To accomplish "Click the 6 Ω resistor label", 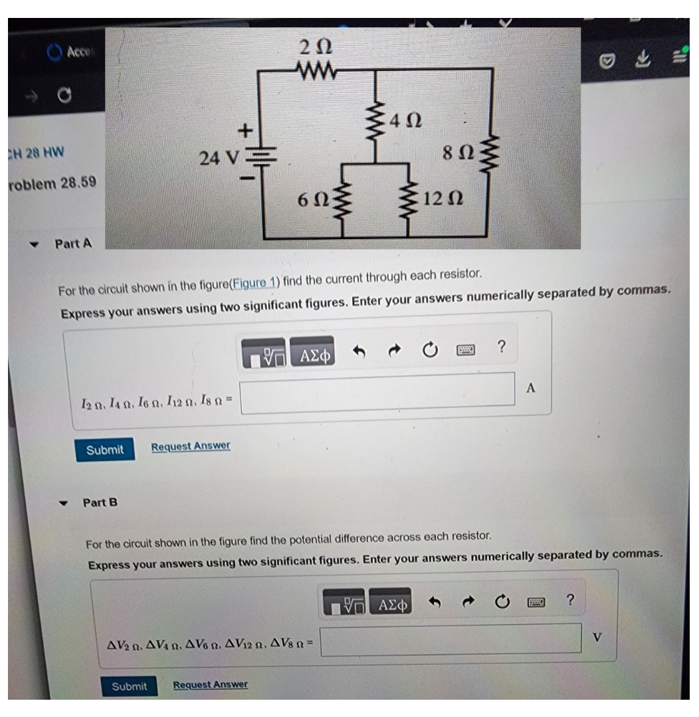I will point(312,199).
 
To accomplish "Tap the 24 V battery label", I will point(220,159).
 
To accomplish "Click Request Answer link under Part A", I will point(191,446).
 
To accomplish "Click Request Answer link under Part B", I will point(210,684).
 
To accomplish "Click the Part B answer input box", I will point(452,639).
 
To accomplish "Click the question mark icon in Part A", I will point(502,346).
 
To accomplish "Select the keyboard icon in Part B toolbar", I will point(536,603).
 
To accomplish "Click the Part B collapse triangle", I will point(64,502).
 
